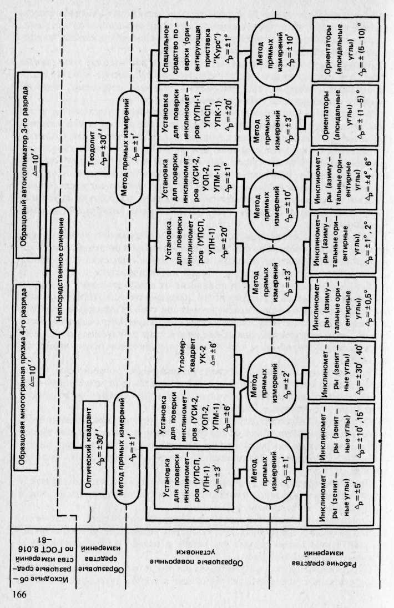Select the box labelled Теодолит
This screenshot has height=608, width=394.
click(99, 150)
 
